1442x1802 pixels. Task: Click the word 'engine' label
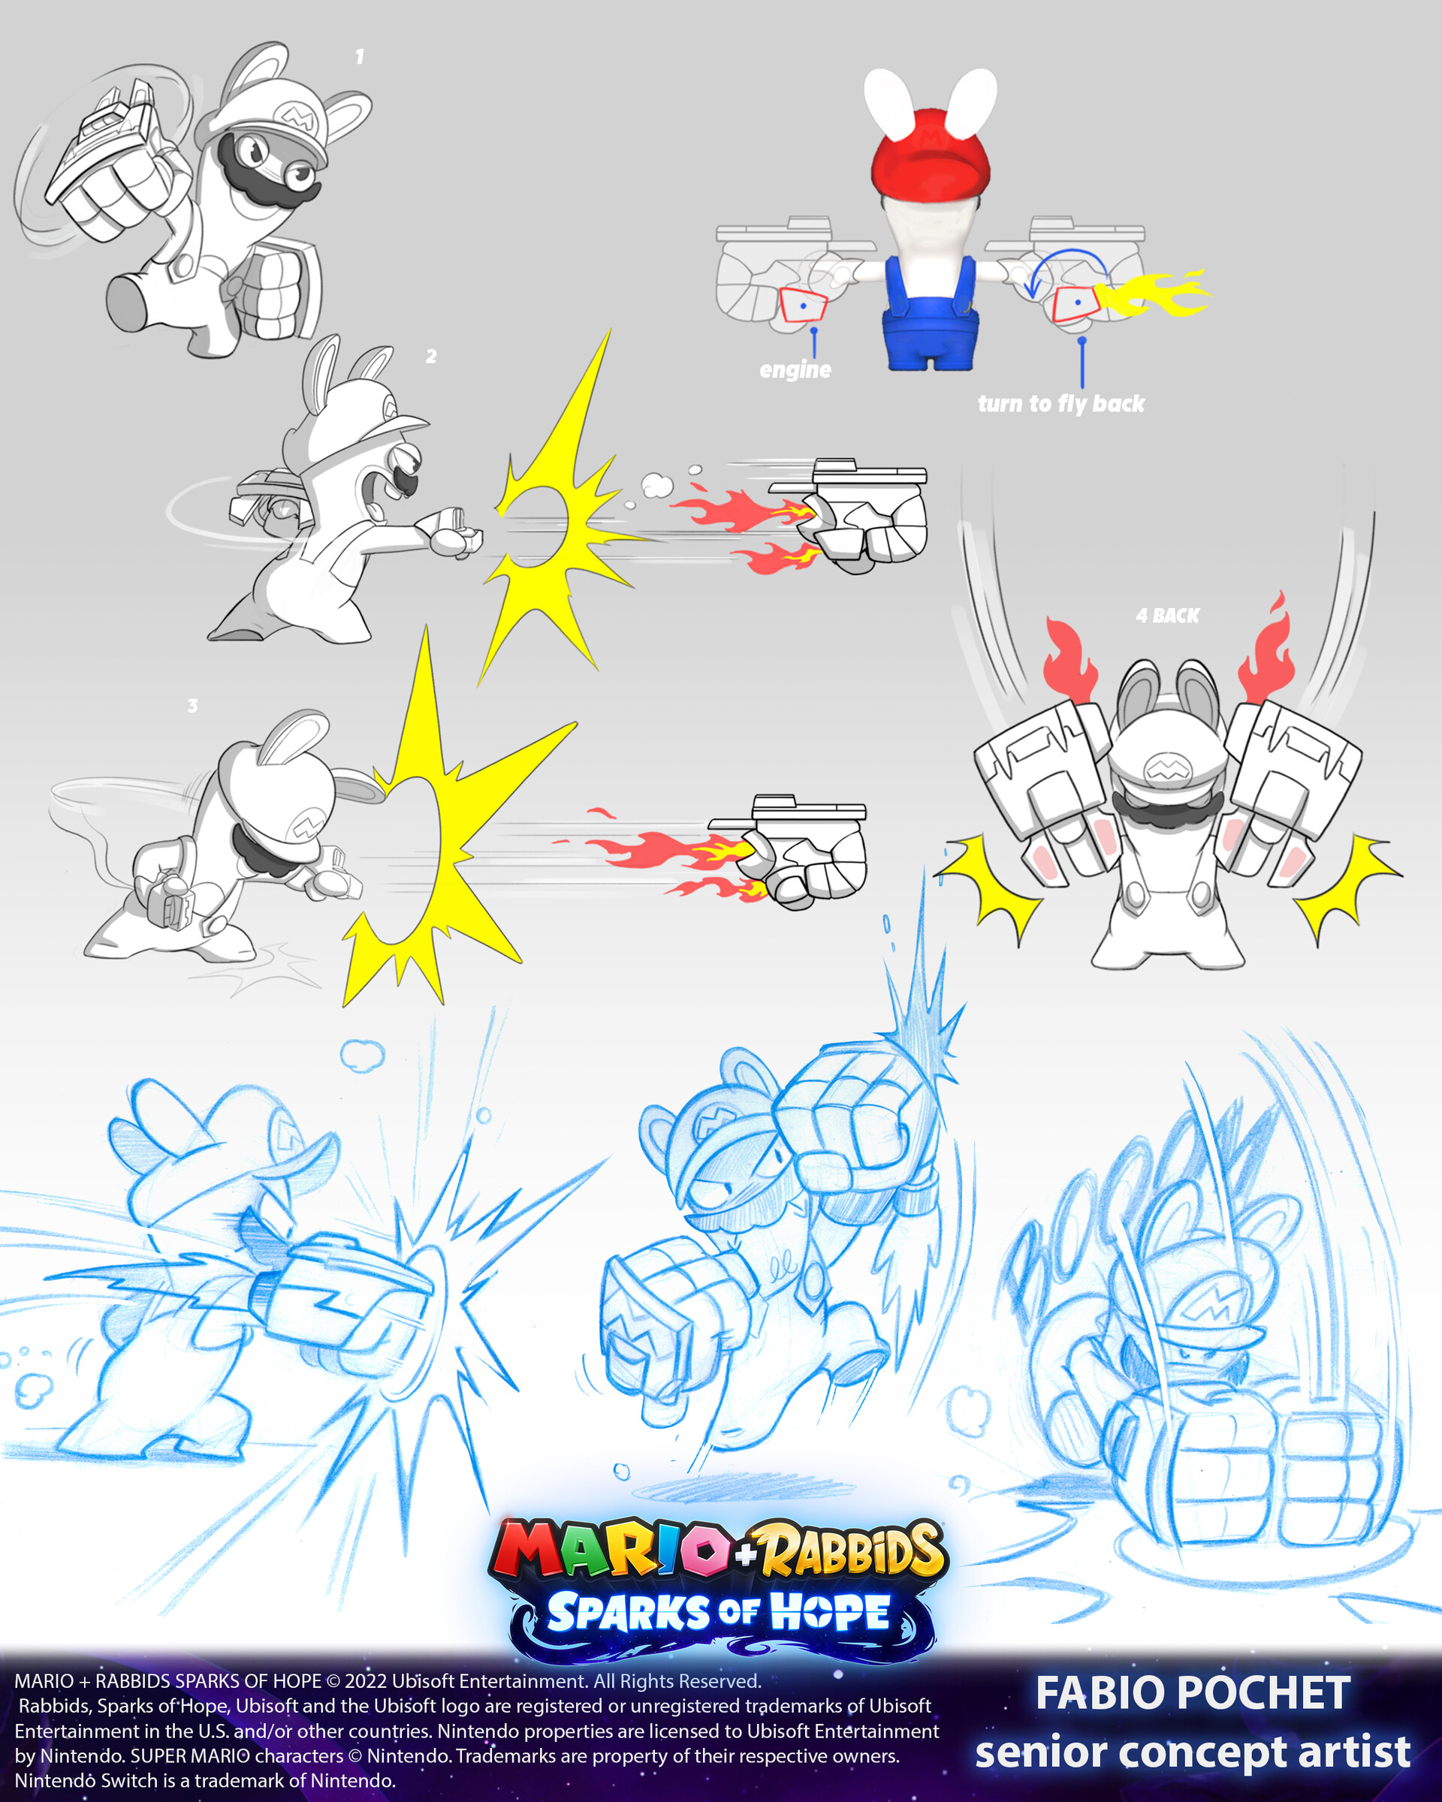click(x=795, y=369)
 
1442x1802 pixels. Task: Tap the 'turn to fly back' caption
click(x=1060, y=404)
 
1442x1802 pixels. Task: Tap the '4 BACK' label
click(x=1167, y=616)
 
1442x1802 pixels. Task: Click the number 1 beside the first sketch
click(x=360, y=57)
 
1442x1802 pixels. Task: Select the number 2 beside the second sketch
click(x=430, y=356)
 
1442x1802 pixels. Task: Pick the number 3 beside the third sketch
click(x=192, y=706)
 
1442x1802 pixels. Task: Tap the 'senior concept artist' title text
click(x=1193, y=1752)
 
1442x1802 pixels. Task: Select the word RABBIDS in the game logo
click(x=852, y=1549)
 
